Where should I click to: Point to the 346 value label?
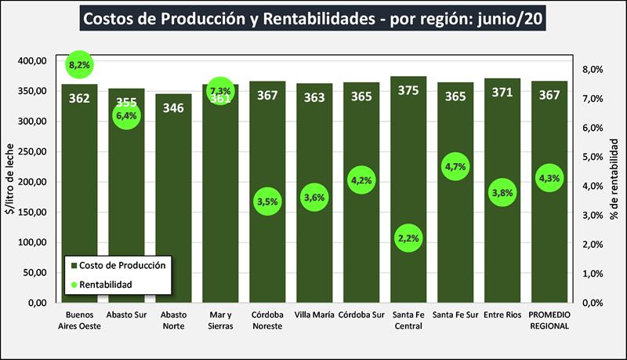(173, 107)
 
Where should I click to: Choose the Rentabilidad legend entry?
(113, 283)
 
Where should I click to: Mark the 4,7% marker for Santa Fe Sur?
(455, 166)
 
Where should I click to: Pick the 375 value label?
(408, 91)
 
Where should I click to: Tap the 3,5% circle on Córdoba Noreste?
(267, 202)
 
